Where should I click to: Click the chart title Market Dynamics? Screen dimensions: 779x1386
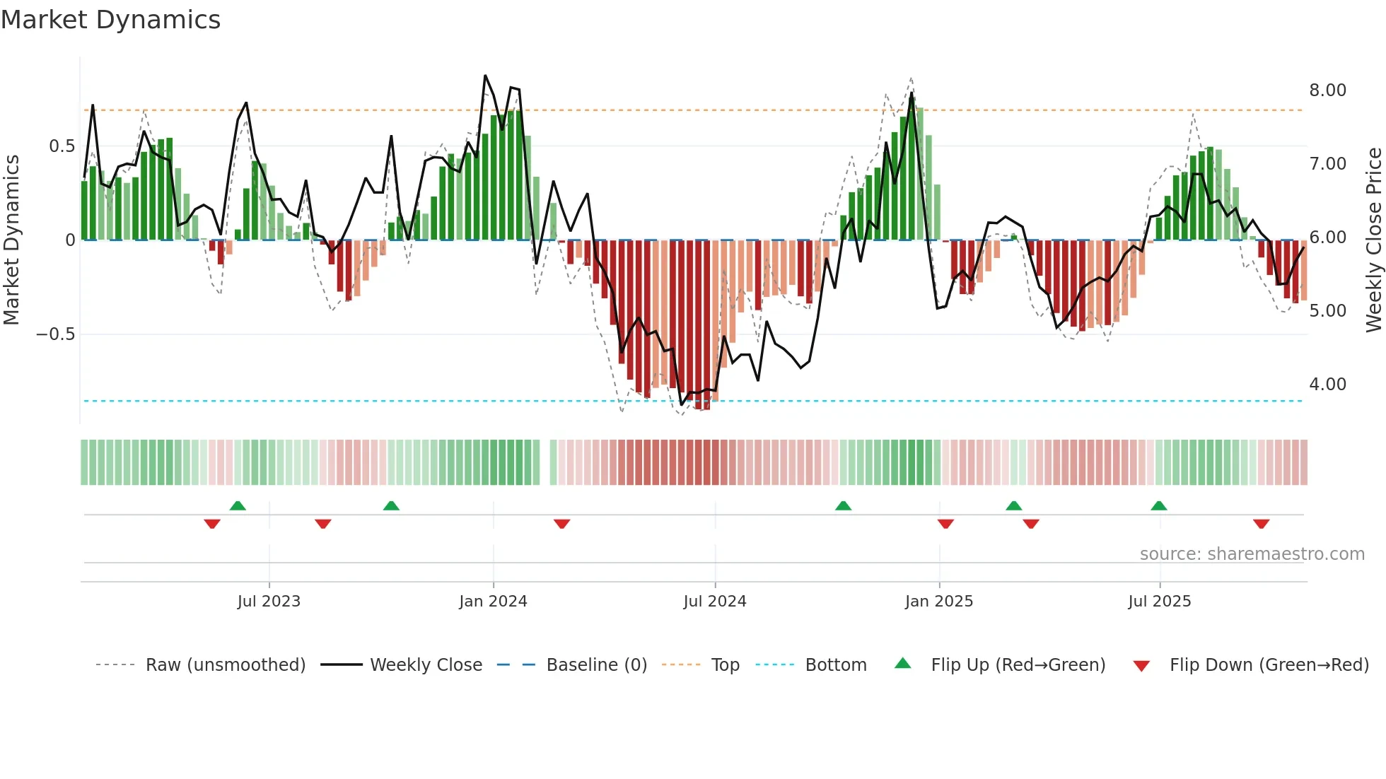click(x=110, y=20)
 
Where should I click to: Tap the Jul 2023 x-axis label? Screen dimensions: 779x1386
click(x=269, y=602)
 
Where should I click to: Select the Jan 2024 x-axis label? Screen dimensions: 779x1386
click(x=493, y=602)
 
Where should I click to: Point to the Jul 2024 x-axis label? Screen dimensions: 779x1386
click(x=715, y=602)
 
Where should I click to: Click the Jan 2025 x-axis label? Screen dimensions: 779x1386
click(x=939, y=602)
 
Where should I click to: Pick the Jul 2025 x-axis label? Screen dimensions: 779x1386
click(x=1160, y=602)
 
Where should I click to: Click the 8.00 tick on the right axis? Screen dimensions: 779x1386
click(x=1327, y=90)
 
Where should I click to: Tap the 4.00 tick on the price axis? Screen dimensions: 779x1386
click(x=1327, y=385)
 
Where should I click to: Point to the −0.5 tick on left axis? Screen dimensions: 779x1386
click(x=56, y=334)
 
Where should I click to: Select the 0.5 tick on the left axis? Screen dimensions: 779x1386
click(x=62, y=146)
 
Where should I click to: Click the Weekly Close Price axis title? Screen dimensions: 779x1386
click(x=1374, y=240)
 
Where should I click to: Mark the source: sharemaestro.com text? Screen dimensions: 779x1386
click(x=1252, y=554)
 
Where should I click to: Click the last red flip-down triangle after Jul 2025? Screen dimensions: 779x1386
click(x=1261, y=524)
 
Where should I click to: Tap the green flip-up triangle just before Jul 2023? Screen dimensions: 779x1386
click(x=238, y=505)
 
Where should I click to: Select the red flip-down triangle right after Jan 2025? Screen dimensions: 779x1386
click(x=945, y=524)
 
